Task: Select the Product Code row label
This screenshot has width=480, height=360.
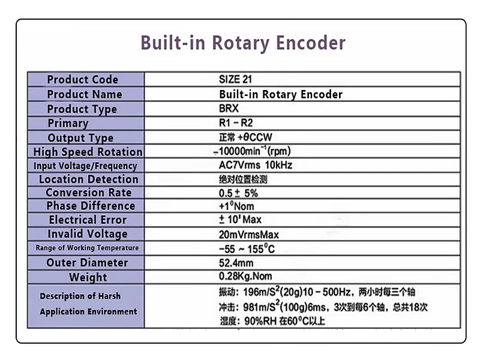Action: [83, 80]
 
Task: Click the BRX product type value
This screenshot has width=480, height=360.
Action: [229, 109]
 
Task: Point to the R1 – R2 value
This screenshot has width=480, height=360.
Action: [236, 123]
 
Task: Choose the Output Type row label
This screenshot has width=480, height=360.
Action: [80, 138]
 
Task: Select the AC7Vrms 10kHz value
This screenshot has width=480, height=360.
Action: [256, 165]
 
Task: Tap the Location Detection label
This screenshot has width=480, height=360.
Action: [88, 179]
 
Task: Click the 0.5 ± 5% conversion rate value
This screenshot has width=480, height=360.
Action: [238, 193]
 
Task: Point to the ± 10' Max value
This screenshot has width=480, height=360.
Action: [240, 220]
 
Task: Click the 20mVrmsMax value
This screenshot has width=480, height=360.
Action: [248, 235]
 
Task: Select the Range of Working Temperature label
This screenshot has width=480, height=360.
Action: [87, 248]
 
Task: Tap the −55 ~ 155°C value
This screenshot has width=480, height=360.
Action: [247, 248]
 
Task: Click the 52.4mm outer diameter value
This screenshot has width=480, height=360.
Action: [236, 263]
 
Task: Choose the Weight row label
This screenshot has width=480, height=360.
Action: [88, 277]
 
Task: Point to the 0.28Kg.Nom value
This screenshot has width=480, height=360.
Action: [245, 276]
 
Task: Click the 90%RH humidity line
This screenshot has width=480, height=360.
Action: [272, 321]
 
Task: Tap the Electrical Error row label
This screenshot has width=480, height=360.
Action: [88, 220]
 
